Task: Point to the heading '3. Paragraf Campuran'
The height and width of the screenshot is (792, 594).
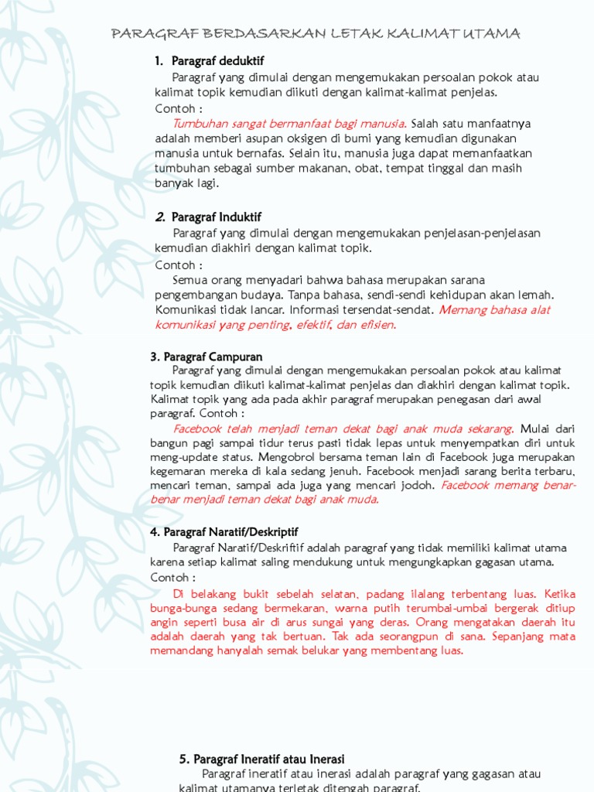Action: coord(207,357)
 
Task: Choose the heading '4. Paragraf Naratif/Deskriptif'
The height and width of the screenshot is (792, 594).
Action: coord(224,532)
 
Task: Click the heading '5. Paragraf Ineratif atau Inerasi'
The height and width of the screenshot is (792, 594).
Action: coord(261,759)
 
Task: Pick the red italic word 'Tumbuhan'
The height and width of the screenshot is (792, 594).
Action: coord(197,123)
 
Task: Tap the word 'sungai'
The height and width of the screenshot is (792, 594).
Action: coord(349,622)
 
